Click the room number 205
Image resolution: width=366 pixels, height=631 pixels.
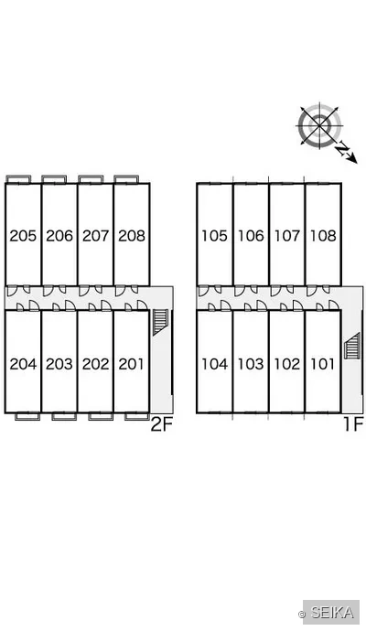click(23, 235)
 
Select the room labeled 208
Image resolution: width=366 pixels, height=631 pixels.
click(132, 235)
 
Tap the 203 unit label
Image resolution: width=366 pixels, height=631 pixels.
click(59, 364)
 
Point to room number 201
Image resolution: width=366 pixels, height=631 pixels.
click(131, 364)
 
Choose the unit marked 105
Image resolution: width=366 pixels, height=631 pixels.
click(214, 235)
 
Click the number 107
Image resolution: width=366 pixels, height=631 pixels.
click(287, 235)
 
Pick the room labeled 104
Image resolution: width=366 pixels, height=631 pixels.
click(214, 364)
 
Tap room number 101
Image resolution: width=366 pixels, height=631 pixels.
click(322, 364)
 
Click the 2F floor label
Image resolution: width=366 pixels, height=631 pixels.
click(161, 424)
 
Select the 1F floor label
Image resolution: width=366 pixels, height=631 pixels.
click(354, 424)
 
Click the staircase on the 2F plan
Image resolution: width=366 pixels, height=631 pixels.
click(160, 322)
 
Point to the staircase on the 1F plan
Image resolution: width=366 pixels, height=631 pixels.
click(352, 346)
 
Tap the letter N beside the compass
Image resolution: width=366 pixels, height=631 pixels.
click(343, 149)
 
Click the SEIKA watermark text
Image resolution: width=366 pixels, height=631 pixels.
click(332, 612)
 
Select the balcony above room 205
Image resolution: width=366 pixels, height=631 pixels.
click(18, 179)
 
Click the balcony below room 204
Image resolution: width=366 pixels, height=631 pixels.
click(27, 416)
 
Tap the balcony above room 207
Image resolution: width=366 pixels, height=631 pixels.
click(91, 179)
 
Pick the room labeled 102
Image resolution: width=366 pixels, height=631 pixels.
click(287, 364)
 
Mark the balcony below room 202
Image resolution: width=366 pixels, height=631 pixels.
click(101, 416)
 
